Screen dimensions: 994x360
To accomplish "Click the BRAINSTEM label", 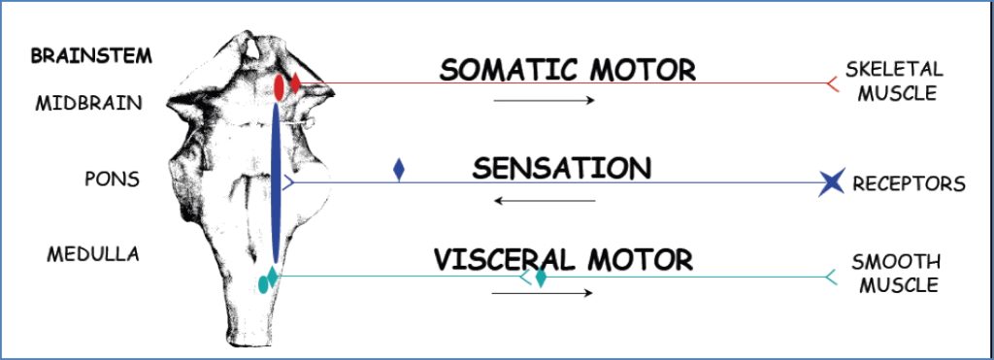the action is click(x=91, y=55).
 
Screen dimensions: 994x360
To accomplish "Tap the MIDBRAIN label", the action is click(x=88, y=103).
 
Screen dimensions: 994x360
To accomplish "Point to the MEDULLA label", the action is click(x=93, y=254).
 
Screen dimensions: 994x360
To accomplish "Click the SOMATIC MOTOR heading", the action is click(x=567, y=70).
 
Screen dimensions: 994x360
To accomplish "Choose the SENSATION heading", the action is click(x=562, y=169).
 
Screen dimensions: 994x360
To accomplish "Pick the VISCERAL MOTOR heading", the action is click(x=563, y=259).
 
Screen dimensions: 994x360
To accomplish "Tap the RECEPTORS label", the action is click(x=909, y=183).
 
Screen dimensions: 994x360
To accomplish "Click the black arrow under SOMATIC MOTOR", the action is click(x=543, y=100).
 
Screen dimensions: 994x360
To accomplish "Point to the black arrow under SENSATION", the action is click(x=543, y=201).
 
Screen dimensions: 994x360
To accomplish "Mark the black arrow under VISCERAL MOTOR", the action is click(x=543, y=292).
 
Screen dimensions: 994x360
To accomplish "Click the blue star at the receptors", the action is click(x=831, y=181).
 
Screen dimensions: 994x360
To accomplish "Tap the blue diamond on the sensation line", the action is click(x=399, y=171).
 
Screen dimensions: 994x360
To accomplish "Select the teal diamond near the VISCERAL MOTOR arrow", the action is click(x=541, y=278).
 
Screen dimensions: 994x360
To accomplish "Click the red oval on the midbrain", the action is click(x=279, y=87).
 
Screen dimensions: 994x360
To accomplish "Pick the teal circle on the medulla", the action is click(x=262, y=284).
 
